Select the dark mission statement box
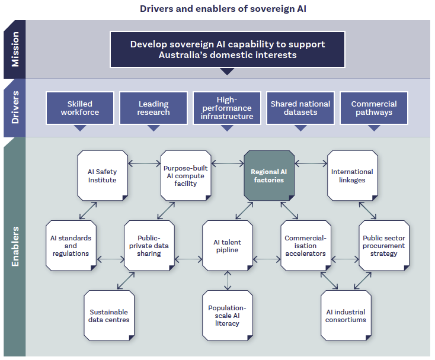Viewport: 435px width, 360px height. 228,50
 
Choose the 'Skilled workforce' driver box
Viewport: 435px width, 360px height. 80,108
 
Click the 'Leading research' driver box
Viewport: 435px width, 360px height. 153,108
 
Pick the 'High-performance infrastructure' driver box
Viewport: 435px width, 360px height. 227,108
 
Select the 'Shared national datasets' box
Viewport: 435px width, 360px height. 300,108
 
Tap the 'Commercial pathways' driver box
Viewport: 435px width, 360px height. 374,108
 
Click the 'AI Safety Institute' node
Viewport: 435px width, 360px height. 103,175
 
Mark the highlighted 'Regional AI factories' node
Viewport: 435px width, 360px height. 269,175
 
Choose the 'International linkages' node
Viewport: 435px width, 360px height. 352,175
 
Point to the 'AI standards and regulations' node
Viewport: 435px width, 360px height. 71,246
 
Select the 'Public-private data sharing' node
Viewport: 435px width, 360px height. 149,246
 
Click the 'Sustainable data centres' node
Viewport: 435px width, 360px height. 109,316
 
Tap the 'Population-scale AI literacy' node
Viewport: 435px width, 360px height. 228,316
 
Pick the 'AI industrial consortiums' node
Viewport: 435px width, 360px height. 346,316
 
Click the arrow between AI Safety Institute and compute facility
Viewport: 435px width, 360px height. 144,162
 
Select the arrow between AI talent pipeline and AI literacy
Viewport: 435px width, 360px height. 228,281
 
